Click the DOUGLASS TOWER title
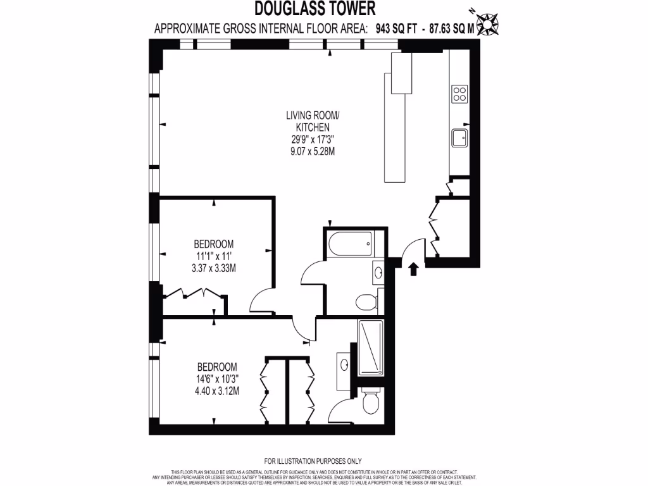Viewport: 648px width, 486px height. pyautogui.click(x=315, y=8)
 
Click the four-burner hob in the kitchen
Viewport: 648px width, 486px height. pyautogui.click(x=459, y=94)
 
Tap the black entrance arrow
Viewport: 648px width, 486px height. pyautogui.click(x=413, y=270)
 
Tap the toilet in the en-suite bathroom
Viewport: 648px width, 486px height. pyautogui.click(x=370, y=401)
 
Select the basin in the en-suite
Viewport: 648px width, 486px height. pyautogui.click(x=345, y=365)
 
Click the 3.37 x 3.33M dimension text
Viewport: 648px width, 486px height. pyautogui.click(x=213, y=267)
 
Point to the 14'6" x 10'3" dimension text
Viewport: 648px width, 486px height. pyautogui.click(x=217, y=379)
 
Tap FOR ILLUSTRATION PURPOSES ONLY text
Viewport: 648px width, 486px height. pyautogui.click(x=313, y=461)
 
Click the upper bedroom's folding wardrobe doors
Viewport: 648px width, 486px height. pyautogui.click(x=193, y=294)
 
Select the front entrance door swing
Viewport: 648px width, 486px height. pyautogui.click(x=412, y=248)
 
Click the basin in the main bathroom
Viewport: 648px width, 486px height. pyautogui.click(x=378, y=273)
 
